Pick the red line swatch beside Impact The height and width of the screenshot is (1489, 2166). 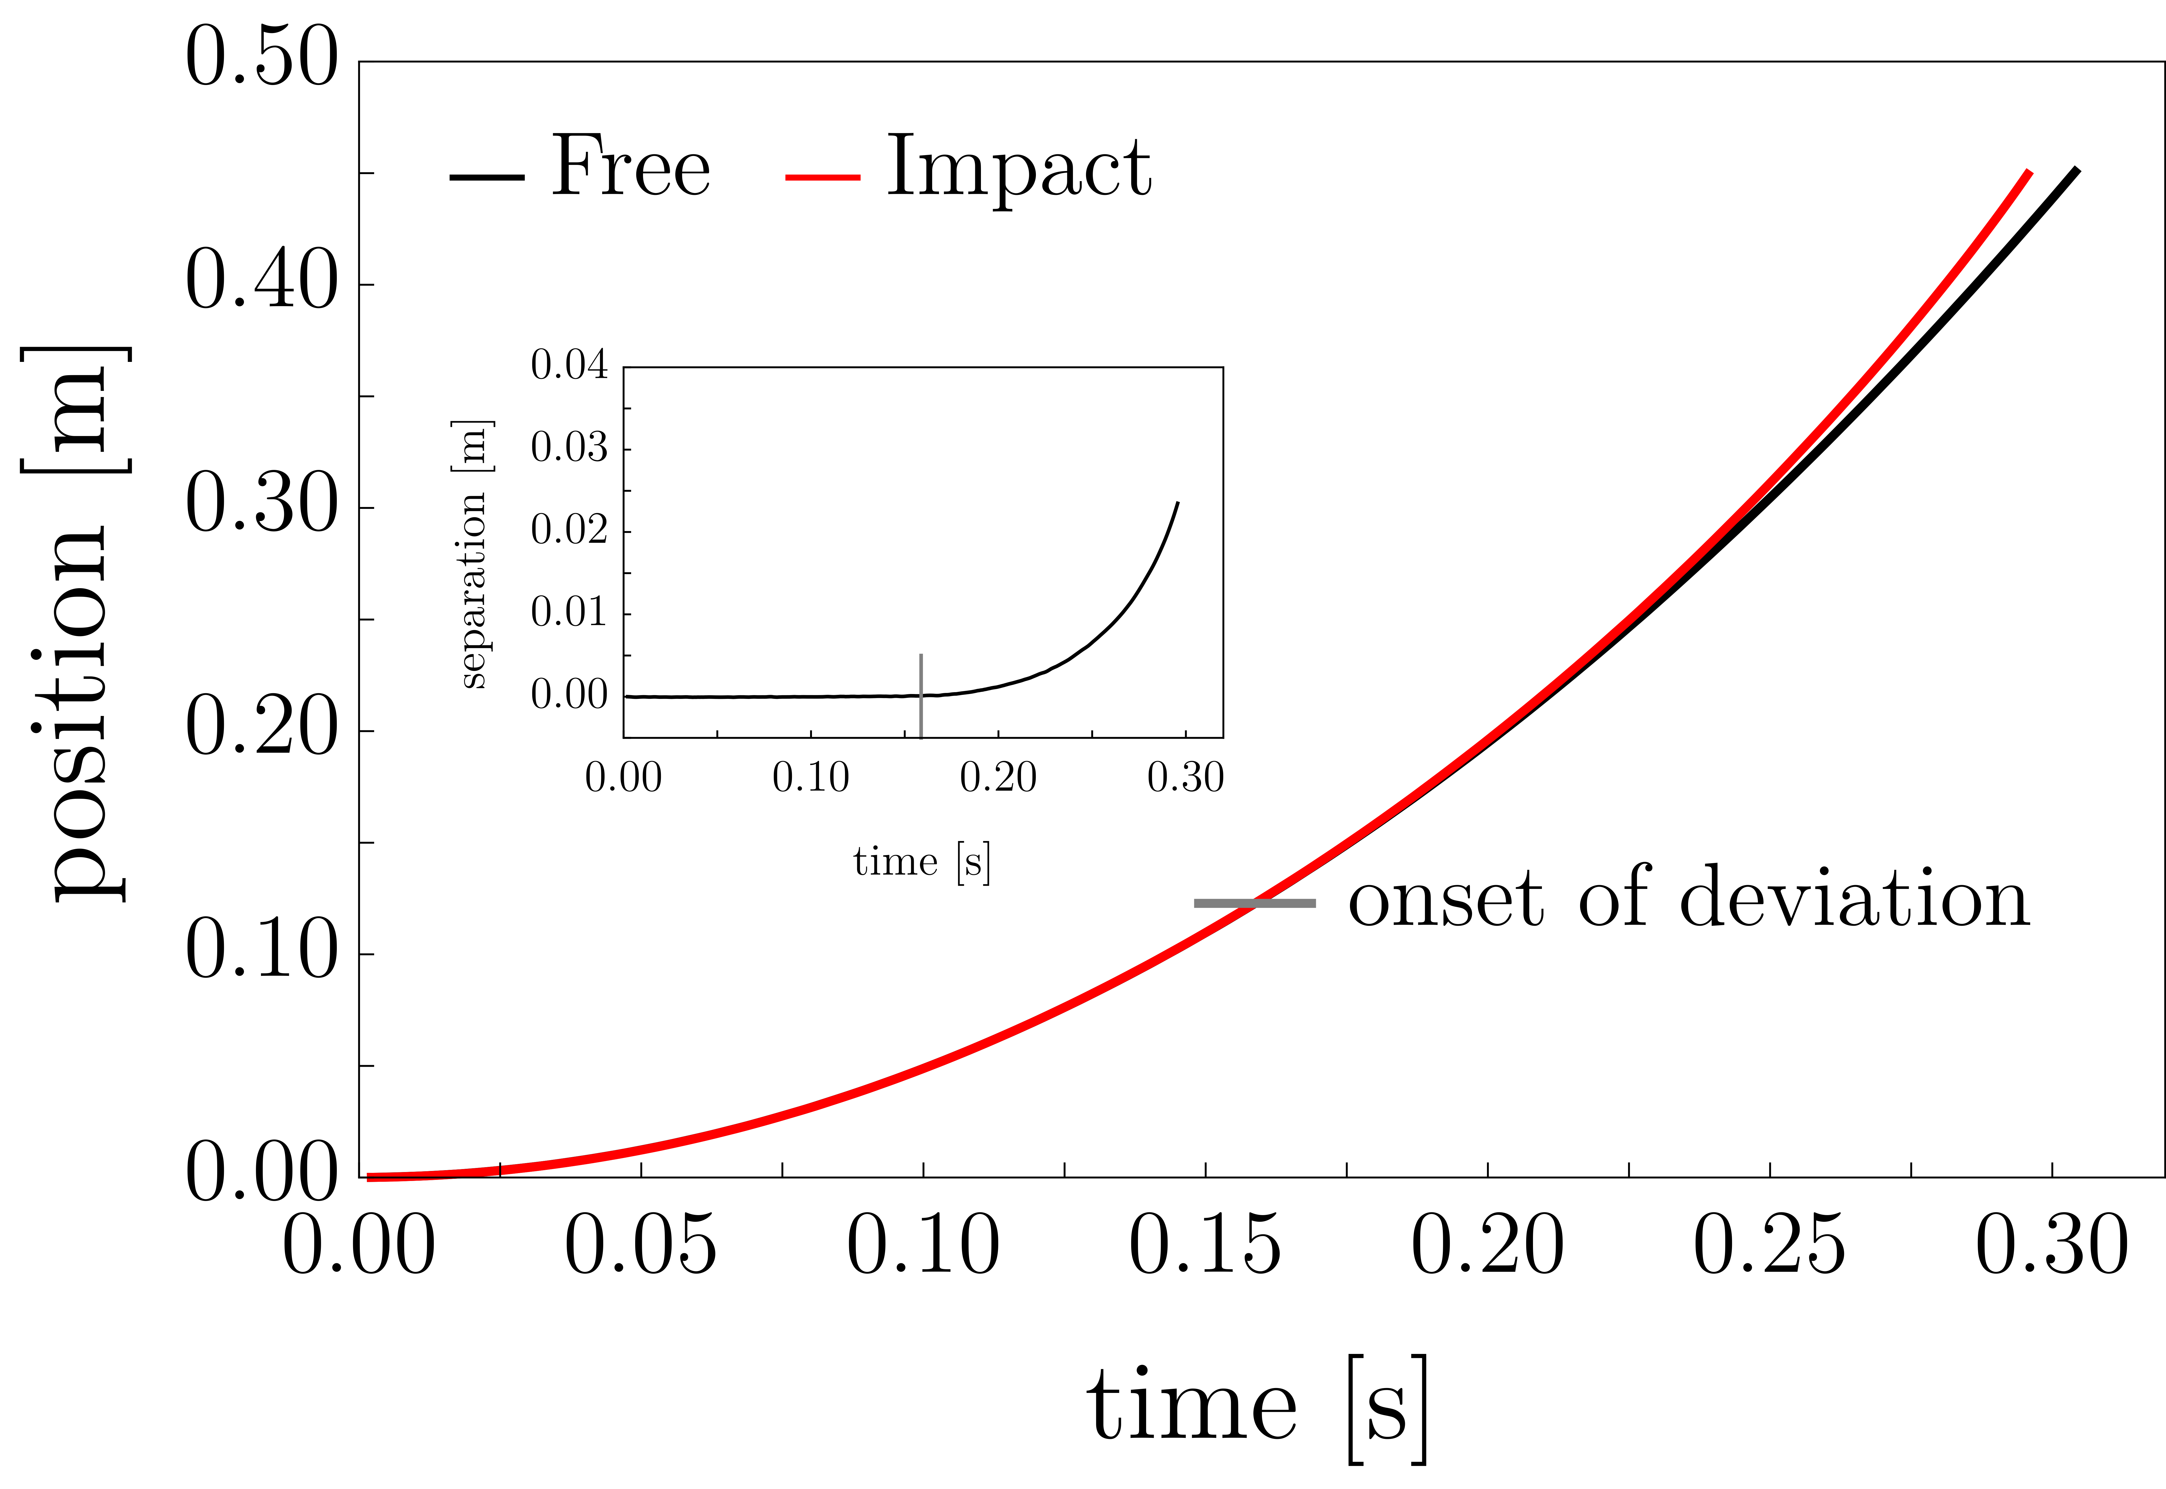822,176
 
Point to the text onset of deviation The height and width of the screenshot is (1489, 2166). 1689,898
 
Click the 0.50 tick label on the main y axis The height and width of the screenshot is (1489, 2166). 261,58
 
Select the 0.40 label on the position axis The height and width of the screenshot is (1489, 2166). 261,282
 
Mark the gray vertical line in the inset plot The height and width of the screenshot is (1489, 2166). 921,695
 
